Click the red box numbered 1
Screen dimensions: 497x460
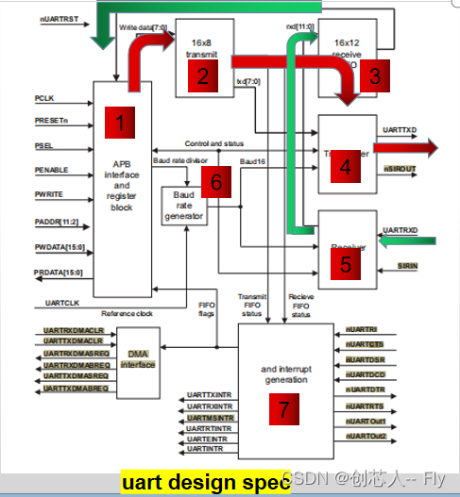click(x=119, y=124)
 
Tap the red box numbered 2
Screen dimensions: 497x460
click(x=202, y=78)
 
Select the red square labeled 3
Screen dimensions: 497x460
click(x=374, y=75)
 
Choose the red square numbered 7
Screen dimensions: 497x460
click(x=284, y=410)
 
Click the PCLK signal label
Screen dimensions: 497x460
click(x=45, y=97)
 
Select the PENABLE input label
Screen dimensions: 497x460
click(x=52, y=169)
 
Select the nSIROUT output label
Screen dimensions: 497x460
click(x=400, y=167)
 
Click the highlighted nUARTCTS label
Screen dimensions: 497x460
click(x=365, y=345)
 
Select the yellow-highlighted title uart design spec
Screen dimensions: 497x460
click(x=204, y=483)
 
